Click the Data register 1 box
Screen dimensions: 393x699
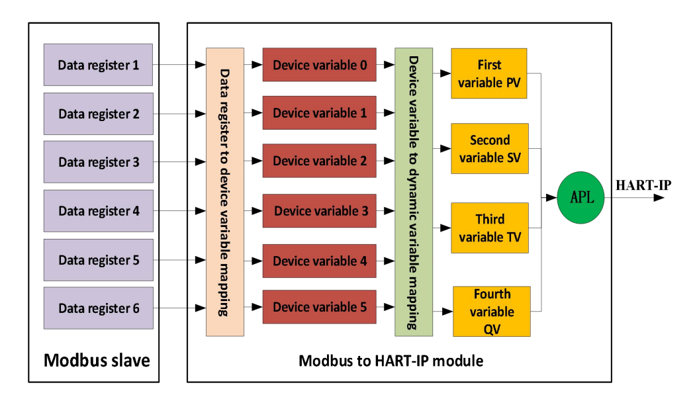point(98,65)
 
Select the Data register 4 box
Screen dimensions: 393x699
point(98,211)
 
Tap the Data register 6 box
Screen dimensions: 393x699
point(98,308)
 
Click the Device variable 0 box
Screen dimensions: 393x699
point(320,65)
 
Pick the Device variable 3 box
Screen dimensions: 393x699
point(320,211)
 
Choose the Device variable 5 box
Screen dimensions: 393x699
point(320,307)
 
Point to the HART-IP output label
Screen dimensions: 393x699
point(643,185)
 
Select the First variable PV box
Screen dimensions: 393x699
point(489,73)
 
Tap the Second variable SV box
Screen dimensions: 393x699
point(489,149)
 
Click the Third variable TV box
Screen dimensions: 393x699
point(489,228)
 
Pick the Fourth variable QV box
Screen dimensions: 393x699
point(492,311)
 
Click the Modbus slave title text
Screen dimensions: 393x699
point(97,361)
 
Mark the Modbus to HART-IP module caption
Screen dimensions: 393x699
point(391,361)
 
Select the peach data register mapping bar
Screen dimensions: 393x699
point(225,192)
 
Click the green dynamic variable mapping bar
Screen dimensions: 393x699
point(414,192)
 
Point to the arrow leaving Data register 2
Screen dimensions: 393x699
point(179,114)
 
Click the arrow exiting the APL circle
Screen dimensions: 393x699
point(635,197)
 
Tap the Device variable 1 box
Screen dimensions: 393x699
point(320,113)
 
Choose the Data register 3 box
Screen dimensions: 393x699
point(98,162)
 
